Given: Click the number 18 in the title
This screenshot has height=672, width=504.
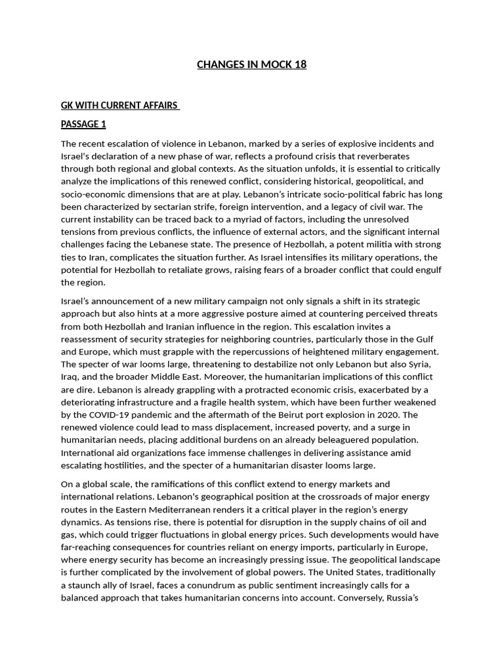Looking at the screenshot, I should pos(299,64).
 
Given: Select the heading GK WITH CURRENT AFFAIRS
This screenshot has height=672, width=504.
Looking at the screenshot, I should pos(119,105).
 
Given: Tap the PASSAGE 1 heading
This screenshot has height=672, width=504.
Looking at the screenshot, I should pos(83,124).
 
